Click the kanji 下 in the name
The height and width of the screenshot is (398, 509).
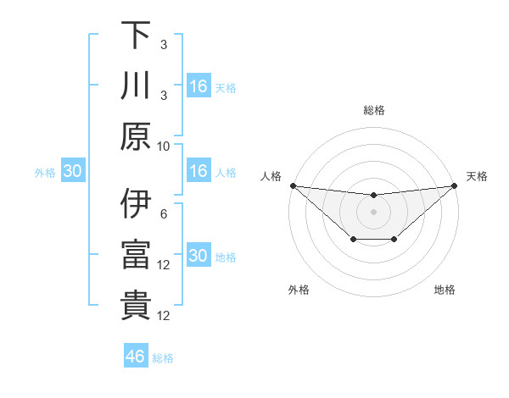point(135,36)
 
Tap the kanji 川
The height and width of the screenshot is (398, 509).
point(135,86)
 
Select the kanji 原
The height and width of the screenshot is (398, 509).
point(135,135)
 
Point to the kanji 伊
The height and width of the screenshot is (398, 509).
point(135,204)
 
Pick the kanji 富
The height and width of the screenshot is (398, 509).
point(135,255)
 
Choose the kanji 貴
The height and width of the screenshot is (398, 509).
point(135,306)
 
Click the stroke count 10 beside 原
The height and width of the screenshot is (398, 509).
point(164,146)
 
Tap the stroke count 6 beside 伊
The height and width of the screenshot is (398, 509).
point(164,214)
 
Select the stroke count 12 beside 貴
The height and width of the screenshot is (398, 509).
point(165,316)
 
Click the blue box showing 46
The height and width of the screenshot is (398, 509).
point(135,357)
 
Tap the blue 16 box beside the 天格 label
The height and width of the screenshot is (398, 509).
point(198,86)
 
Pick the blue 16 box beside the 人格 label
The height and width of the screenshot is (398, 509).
point(198,171)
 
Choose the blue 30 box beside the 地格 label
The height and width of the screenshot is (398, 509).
point(198,257)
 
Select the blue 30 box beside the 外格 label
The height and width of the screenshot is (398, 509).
point(72,171)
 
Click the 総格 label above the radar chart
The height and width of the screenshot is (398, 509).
point(373,110)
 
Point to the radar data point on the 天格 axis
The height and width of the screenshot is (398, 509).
point(454,185)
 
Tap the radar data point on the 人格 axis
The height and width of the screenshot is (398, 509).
point(293,185)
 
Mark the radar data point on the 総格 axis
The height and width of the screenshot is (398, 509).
point(373,196)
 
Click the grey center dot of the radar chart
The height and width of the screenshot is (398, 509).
point(373,212)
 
